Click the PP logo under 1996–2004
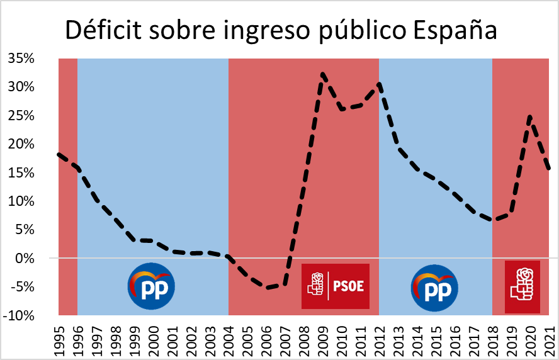[x=151, y=286]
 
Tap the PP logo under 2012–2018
[x=434, y=288]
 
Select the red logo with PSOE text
[x=335, y=286]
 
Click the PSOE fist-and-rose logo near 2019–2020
[x=522, y=286]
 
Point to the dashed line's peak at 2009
[x=322, y=74]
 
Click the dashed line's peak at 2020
[x=530, y=116]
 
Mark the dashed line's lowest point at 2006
[x=266, y=288]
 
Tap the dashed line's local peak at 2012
[x=379, y=84]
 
